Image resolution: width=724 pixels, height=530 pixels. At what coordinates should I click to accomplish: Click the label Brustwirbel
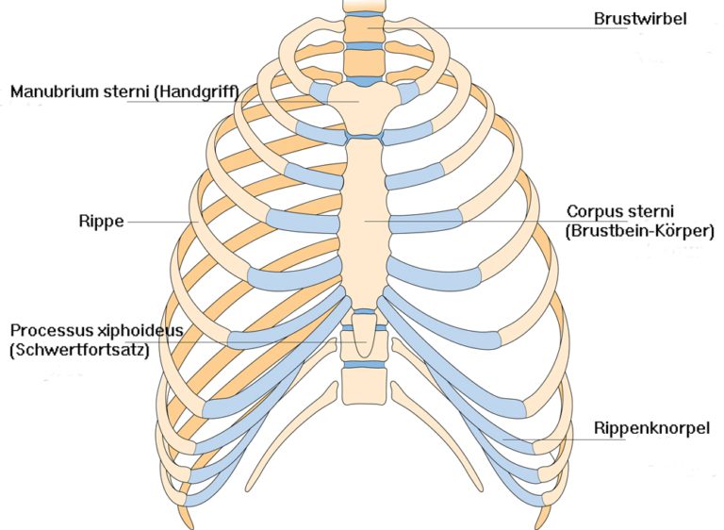640,18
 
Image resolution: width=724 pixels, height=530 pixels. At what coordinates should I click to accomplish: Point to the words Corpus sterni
613,211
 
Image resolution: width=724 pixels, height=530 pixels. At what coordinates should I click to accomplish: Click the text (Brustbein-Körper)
640,230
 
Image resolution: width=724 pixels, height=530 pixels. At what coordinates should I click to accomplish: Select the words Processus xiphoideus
95,330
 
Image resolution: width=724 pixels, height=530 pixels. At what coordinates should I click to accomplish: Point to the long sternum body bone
363,222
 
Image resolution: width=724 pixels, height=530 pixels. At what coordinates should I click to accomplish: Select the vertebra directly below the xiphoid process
362,386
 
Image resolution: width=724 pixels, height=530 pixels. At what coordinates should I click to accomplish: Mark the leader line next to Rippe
160,223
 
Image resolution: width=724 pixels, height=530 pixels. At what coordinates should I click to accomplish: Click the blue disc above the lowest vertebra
362,363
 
